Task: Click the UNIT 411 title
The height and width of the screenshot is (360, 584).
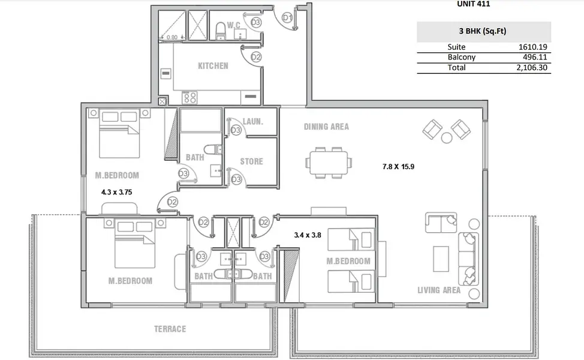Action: tap(474, 4)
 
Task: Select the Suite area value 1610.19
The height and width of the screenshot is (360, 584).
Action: tap(532, 47)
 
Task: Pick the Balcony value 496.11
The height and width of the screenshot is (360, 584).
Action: tap(535, 57)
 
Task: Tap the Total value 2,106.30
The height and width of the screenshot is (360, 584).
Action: tap(531, 67)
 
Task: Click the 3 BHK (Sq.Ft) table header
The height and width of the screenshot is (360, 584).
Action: tap(482, 31)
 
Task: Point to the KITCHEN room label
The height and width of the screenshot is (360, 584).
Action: tap(213, 66)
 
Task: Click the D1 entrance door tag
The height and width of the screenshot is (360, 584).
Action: tap(287, 17)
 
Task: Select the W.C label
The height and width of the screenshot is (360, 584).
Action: tap(233, 25)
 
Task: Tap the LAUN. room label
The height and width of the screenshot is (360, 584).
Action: tap(253, 121)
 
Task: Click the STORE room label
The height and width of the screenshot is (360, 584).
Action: tap(251, 161)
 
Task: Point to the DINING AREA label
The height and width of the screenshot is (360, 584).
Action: tap(326, 127)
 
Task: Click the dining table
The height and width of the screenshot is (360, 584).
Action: tap(329, 163)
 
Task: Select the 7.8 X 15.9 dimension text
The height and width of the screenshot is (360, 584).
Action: tap(398, 167)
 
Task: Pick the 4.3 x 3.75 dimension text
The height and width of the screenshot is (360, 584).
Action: tap(116, 192)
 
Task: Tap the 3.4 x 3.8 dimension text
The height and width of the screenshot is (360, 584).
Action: tap(307, 235)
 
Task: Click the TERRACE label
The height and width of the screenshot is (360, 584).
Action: tap(170, 329)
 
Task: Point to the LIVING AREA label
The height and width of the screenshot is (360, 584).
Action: tap(439, 290)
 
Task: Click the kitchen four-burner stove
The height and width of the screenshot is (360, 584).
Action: tap(189, 98)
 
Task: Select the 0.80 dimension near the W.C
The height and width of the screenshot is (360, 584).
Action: tap(172, 37)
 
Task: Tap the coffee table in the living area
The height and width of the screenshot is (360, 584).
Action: tap(441, 259)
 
